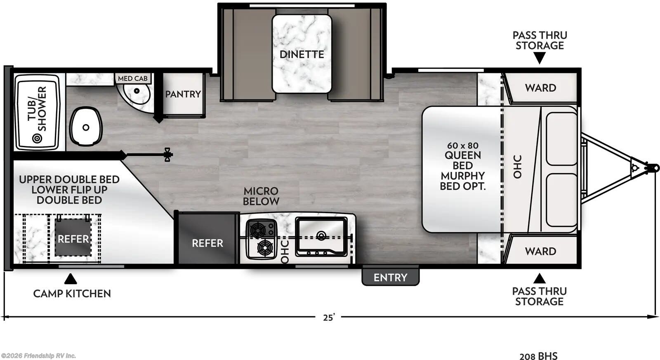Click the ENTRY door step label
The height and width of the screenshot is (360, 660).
pos(390,277)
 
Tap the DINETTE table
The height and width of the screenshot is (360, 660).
pos(302,54)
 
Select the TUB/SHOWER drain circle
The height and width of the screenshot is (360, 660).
pos(37,138)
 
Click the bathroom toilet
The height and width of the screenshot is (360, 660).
pos(86,126)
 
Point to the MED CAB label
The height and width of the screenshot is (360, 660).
pos(132,78)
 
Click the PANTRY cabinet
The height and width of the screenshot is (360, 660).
pos(183,94)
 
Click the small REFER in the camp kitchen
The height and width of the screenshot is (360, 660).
pos(73,238)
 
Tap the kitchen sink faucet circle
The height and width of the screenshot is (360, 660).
pos(321,235)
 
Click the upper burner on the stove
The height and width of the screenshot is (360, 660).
pos(257,229)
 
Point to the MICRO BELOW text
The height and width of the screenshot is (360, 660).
pos(261,196)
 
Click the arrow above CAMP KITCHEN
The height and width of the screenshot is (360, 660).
pos(71,279)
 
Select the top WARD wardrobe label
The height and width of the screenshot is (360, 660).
pos(540,88)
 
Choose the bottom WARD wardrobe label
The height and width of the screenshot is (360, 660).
pos(540,251)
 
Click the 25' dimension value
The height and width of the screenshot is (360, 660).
pos(329,318)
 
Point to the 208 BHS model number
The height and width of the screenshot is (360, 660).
pos(538,356)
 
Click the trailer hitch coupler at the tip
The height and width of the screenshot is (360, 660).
pos(653,168)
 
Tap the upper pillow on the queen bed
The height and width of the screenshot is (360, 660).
pos(561,139)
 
